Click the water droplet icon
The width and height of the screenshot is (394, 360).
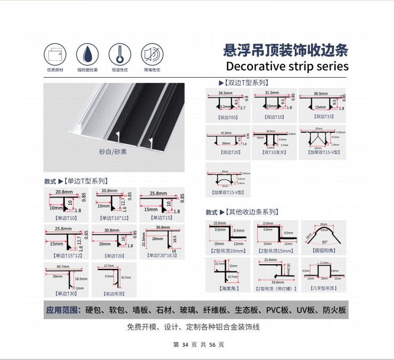pyautogui.click(x=87, y=54)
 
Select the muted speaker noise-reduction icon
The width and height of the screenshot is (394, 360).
pyautogui.click(x=152, y=54)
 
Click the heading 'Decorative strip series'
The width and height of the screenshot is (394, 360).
pyautogui.click(x=288, y=67)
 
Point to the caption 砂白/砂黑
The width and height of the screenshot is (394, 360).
pyautogui.click(x=113, y=152)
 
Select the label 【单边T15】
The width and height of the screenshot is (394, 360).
pyautogui.click(x=161, y=218)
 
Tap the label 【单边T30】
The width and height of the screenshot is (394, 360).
pyautogui.click(x=65, y=293)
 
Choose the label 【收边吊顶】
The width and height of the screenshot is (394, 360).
pyautogui.click(x=114, y=293)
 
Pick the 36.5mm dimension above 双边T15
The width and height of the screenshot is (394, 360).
pyautogui.click(x=321, y=93)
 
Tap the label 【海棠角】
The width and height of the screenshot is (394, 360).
pyautogui.click(x=228, y=288)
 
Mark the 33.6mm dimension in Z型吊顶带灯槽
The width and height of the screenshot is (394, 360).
pyautogui.click(x=277, y=282)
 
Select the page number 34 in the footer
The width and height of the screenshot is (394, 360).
pyautogui.click(x=185, y=345)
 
